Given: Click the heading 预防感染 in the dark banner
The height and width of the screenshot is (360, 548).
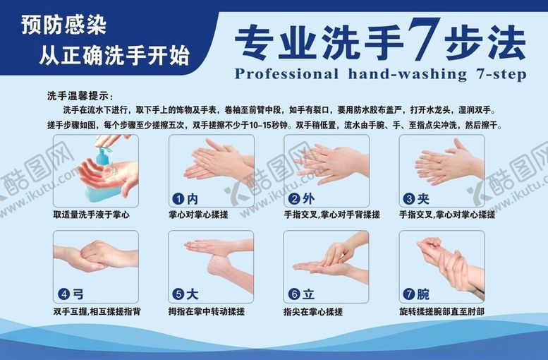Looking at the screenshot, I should click(64, 26).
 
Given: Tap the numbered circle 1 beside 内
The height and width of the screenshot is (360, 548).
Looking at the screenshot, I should click(179, 198).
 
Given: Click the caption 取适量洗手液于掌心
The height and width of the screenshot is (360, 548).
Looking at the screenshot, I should click(91, 214).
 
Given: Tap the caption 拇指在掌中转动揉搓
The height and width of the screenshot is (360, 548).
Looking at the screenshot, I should click(207, 311).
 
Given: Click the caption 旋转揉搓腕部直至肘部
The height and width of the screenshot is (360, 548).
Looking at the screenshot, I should click(442, 311).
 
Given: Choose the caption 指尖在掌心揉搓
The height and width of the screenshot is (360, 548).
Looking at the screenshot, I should click(313, 311).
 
